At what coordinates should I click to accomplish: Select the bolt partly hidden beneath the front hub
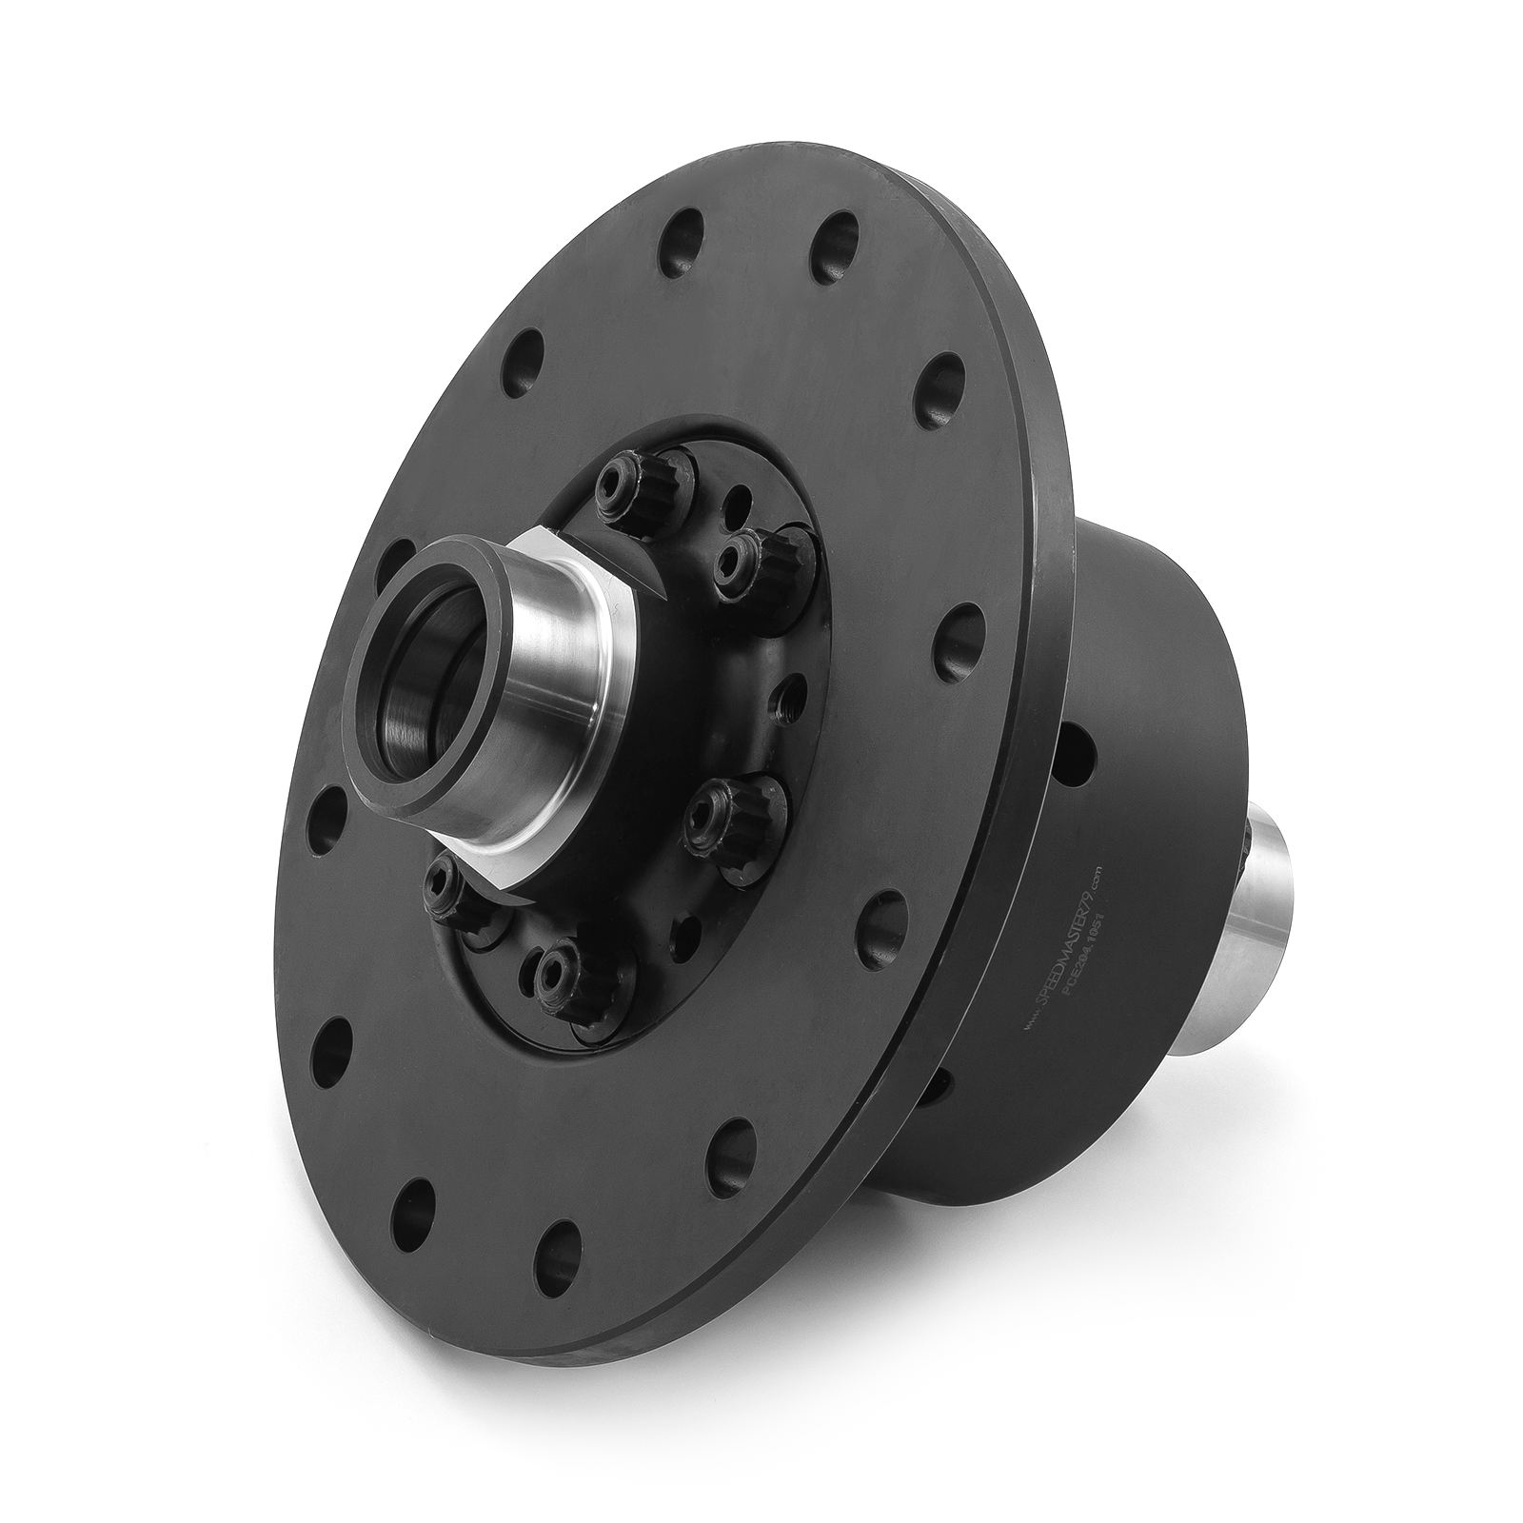coord(449,891)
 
